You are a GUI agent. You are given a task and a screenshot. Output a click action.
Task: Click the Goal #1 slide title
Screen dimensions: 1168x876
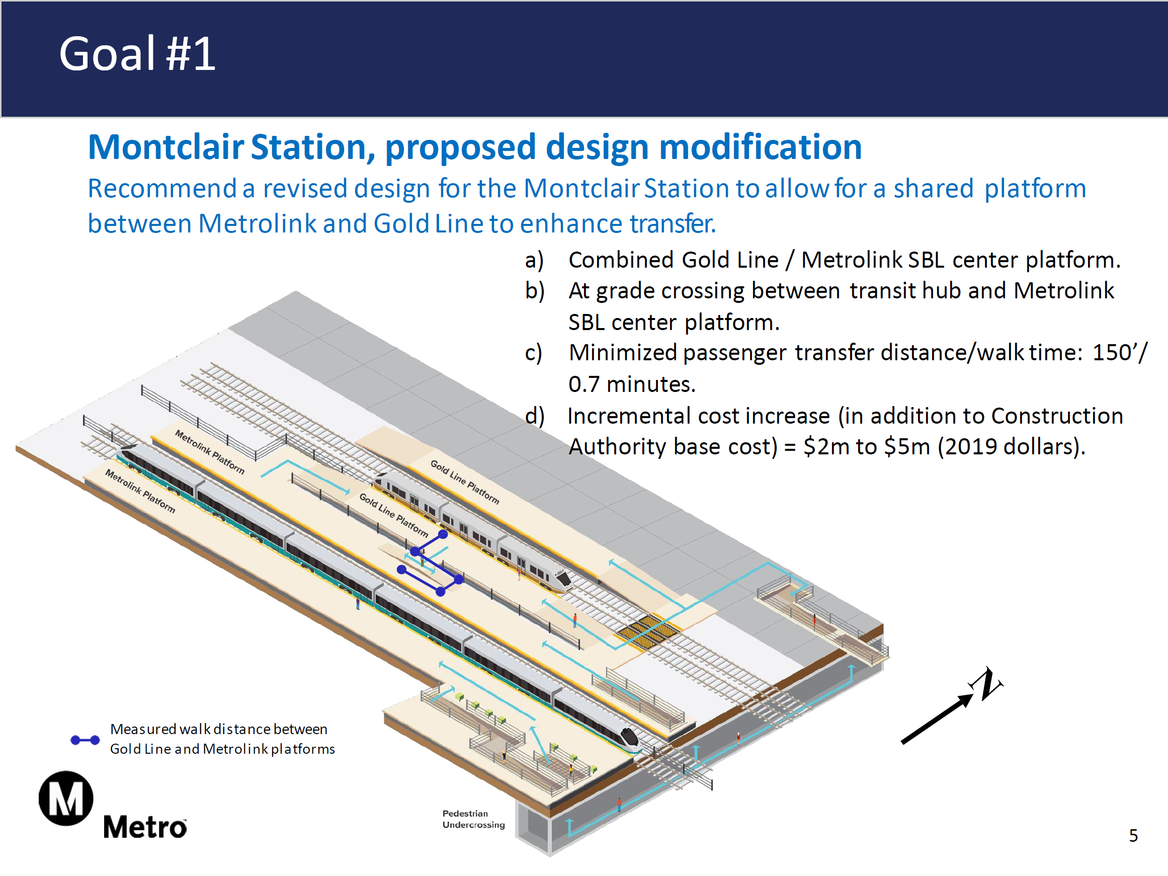pos(137,54)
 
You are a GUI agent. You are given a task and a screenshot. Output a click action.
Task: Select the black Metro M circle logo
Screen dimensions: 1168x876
pos(66,798)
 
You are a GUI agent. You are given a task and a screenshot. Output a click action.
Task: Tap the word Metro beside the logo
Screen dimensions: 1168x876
pos(145,826)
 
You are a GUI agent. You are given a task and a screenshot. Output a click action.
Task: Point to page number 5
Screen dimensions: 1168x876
pos(1133,835)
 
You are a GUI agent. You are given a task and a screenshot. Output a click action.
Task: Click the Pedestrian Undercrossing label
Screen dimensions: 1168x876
pos(473,819)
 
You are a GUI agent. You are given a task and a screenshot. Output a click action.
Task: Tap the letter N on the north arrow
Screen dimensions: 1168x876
pos(986,684)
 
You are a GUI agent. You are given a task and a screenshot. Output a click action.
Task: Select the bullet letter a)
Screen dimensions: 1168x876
pos(534,260)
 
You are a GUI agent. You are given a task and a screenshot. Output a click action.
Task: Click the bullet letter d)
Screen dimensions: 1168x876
pos(534,416)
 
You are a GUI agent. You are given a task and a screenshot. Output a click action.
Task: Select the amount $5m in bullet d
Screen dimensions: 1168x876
pos(906,447)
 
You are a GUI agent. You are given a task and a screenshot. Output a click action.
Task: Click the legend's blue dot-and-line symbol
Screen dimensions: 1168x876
pos(86,740)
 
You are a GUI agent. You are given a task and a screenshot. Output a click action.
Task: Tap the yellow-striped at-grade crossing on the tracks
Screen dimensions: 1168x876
pos(648,631)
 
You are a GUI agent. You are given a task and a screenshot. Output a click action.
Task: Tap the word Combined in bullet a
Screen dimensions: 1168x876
pos(621,260)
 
